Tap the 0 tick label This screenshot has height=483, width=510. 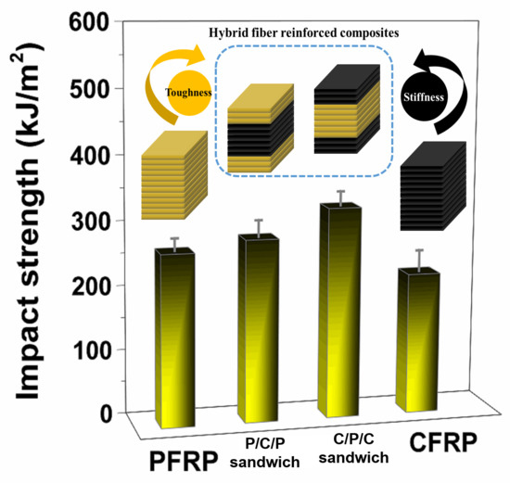107,413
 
